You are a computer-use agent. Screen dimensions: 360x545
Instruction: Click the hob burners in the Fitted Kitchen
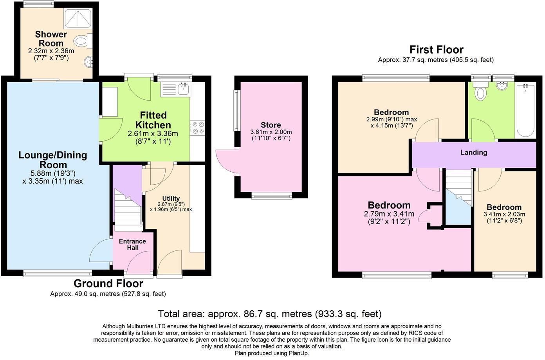click(x=197, y=129)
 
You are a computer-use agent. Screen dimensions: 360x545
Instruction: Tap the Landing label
click(x=473, y=152)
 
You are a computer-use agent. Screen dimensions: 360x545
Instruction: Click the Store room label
click(x=271, y=125)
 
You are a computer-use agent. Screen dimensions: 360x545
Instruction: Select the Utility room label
click(x=171, y=198)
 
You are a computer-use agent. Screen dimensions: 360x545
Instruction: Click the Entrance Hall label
click(x=132, y=244)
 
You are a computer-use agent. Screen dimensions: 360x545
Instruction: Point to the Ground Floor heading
click(x=108, y=283)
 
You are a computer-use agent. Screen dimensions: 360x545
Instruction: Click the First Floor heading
click(x=436, y=50)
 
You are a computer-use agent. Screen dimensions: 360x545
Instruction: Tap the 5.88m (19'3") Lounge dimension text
click(x=53, y=173)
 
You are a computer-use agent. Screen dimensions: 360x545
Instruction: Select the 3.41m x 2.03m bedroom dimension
click(x=505, y=214)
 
